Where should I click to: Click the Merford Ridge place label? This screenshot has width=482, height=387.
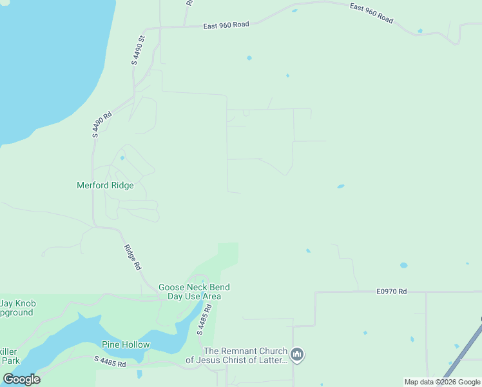click(x=105, y=185)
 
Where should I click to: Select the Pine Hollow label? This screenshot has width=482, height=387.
click(x=126, y=344)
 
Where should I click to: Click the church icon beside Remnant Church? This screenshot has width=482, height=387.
click(x=297, y=355)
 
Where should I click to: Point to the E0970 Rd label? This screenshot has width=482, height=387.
click(x=392, y=292)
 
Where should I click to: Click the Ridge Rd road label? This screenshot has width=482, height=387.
click(x=133, y=257)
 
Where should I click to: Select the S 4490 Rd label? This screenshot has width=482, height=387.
click(x=102, y=124)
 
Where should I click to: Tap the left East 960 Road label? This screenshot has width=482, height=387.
click(x=226, y=26)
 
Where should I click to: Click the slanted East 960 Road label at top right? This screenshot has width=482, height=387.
click(x=371, y=14)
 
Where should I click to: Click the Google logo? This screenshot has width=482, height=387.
click(x=21, y=379)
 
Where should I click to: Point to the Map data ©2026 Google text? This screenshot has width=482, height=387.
click(x=442, y=382)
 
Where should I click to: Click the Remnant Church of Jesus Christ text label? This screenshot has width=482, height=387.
click(x=245, y=355)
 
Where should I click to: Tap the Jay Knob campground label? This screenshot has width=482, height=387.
click(x=17, y=308)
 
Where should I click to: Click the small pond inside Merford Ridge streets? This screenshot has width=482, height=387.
click(x=122, y=157)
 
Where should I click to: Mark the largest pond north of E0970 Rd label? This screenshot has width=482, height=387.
click(x=403, y=265)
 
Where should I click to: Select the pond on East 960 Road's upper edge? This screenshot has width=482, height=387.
click(x=294, y=10)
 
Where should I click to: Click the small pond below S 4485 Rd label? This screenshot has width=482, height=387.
click(x=139, y=373)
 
